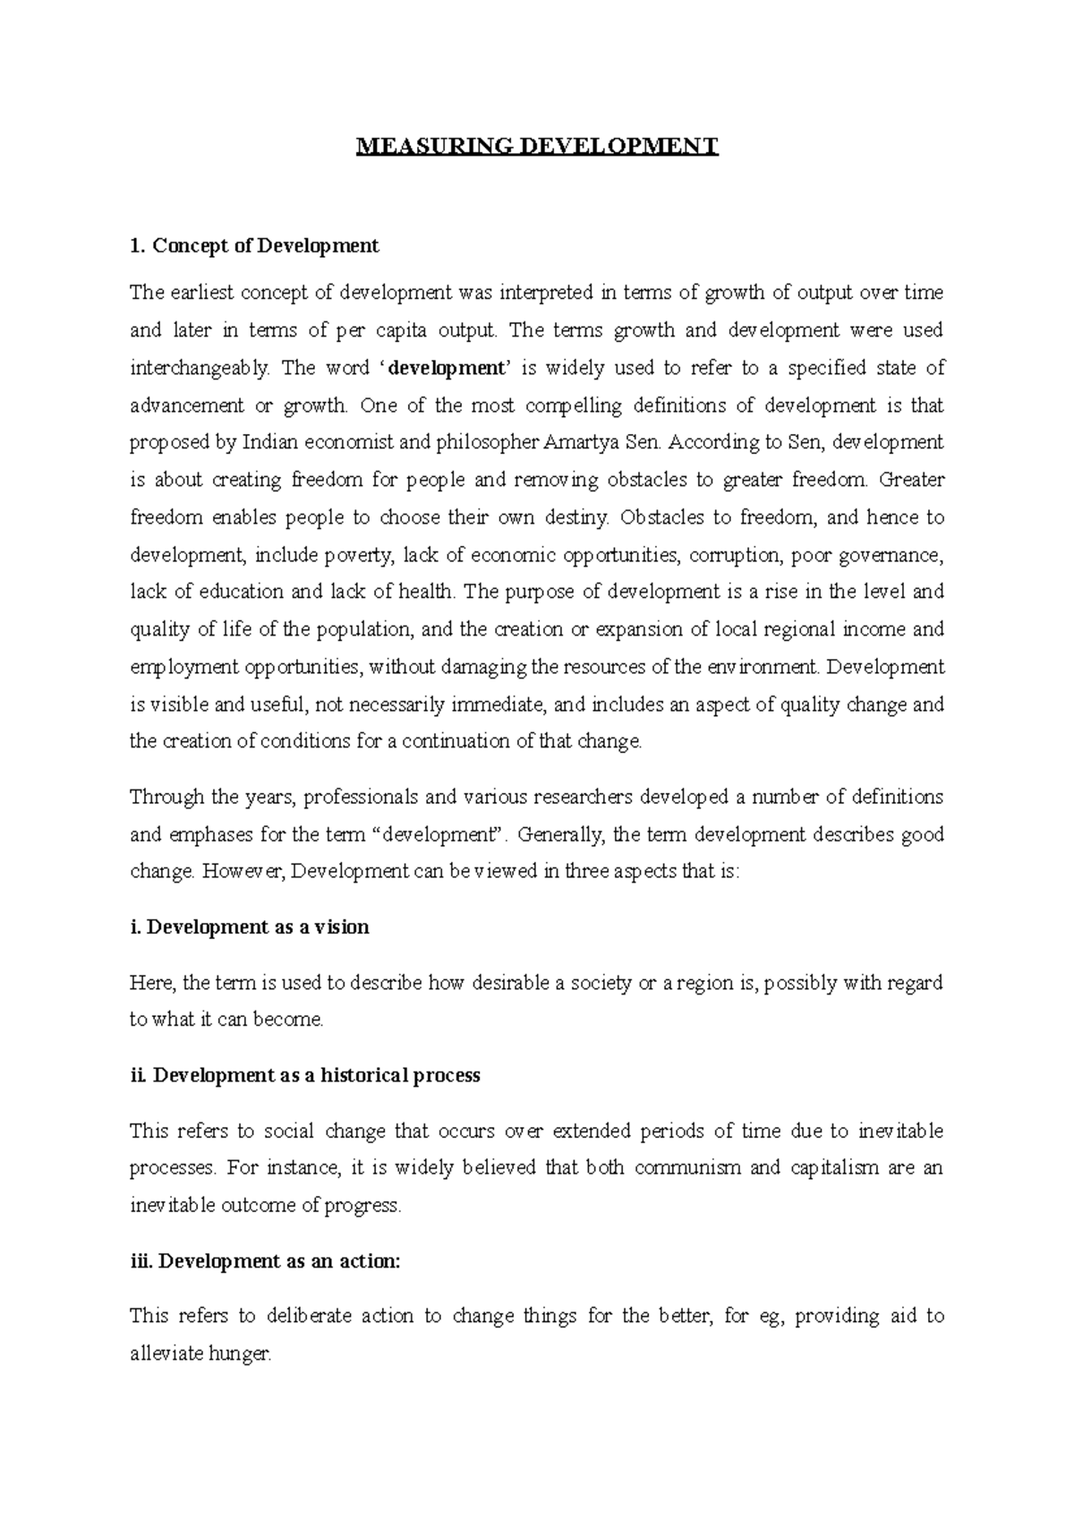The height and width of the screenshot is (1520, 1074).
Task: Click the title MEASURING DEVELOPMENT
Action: [x=537, y=147]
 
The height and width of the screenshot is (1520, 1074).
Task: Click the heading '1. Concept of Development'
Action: [x=254, y=245]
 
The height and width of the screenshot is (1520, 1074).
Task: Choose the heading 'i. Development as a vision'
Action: [x=249, y=927]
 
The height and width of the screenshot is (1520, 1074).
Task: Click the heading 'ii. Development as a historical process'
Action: [x=304, y=1075]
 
